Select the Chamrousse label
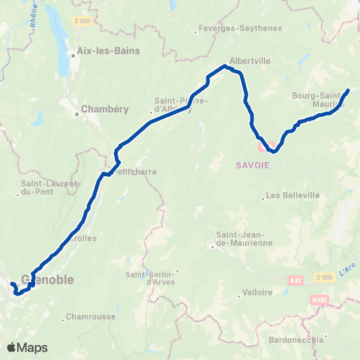(x=90, y=316)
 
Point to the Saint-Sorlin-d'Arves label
(x=154, y=277)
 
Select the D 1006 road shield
(x=323, y=277)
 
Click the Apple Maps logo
(x=26, y=347)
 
